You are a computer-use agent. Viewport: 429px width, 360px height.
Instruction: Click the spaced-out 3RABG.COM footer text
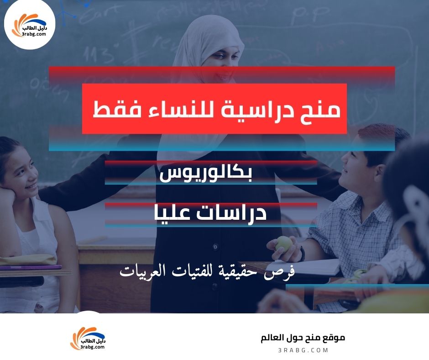303,350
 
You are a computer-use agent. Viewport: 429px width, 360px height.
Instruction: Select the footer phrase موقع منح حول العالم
303,338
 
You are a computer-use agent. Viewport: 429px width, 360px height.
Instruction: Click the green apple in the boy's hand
283,243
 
